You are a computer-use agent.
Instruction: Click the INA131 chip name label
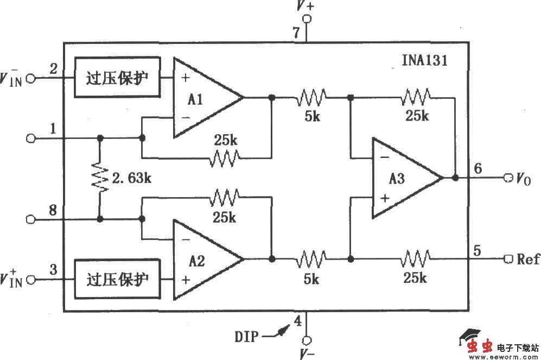421,60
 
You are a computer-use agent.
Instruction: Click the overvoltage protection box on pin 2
118,77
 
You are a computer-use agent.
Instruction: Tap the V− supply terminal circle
307,340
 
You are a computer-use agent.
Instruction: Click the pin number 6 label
478,168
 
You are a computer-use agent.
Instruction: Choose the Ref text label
528,258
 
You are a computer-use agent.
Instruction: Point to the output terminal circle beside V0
508,178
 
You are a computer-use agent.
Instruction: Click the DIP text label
246,337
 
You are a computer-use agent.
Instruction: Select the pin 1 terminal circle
30,138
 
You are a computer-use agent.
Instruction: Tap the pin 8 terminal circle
30,219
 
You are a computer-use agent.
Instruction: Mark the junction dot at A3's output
455,178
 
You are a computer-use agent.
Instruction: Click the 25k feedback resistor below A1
225,159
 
